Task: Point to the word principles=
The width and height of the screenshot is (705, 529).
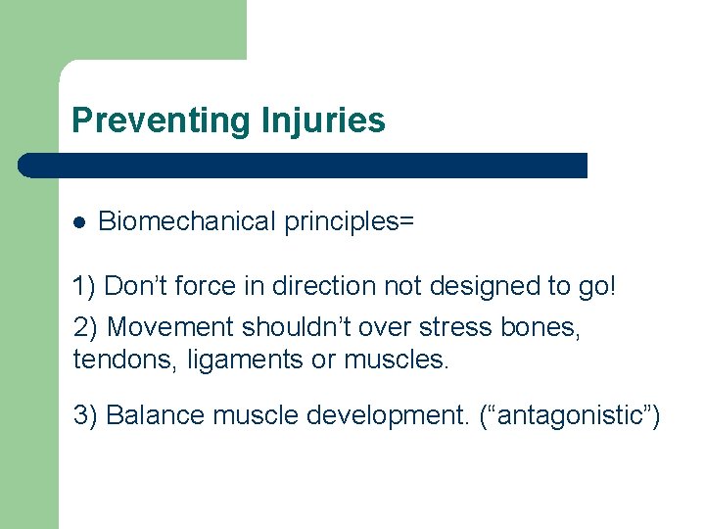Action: (x=350, y=222)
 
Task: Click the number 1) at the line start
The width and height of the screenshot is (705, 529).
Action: (x=85, y=287)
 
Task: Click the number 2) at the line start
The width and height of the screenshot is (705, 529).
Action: (x=85, y=327)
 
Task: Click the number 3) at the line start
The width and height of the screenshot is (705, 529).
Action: (x=85, y=415)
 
